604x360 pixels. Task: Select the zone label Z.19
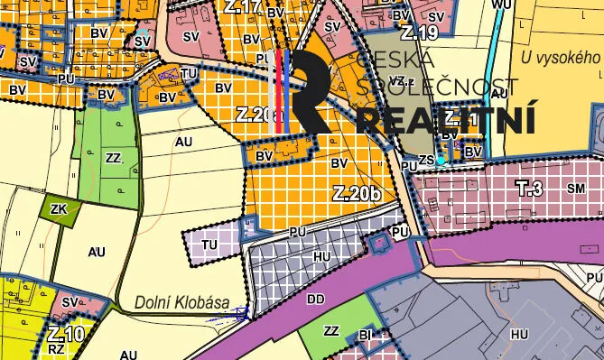(419, 34)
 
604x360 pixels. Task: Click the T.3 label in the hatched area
(529, 188)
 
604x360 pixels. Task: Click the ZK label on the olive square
(60, 210)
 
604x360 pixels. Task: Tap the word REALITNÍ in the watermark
(447, 120)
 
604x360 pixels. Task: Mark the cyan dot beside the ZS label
(441, 160)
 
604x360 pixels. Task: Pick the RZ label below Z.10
(56, 347)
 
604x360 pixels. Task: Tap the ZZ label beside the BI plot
(331, 331)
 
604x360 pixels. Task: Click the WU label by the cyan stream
(501, 5)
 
